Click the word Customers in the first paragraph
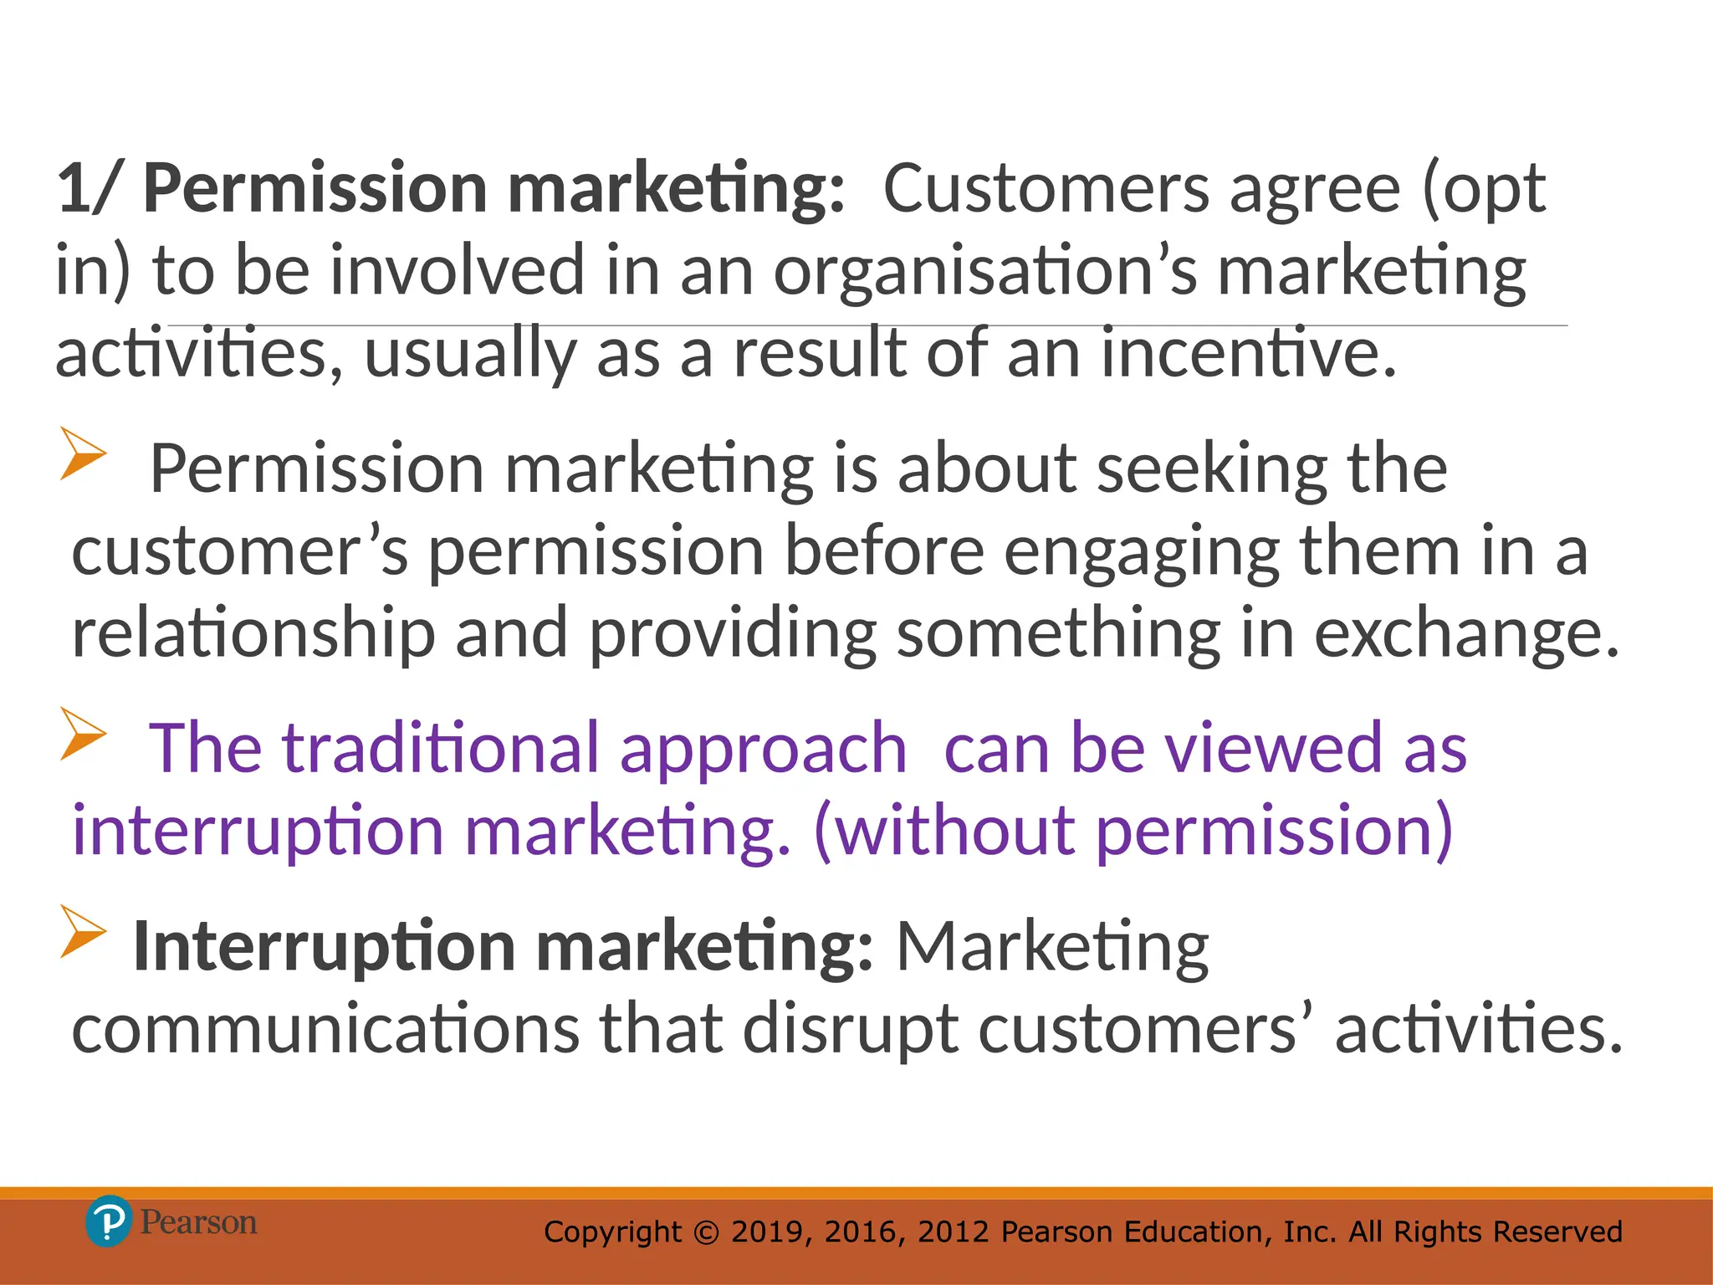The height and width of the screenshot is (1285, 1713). click(x=1046, y=189)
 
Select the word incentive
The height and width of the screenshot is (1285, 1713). click(x=1248, y=353)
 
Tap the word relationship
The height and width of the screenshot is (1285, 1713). click(x=253, y=633)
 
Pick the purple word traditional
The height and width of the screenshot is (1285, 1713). click(x=441, y=748)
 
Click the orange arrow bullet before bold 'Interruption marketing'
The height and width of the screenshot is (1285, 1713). click(x=83, y=931)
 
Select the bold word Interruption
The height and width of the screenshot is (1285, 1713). click(x=325, y=947)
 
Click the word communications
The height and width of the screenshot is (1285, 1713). click(x=325, y=1029)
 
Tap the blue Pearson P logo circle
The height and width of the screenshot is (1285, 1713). click(x=109, y=1221)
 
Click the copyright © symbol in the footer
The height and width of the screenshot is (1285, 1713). click(x=707, y=1232)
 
